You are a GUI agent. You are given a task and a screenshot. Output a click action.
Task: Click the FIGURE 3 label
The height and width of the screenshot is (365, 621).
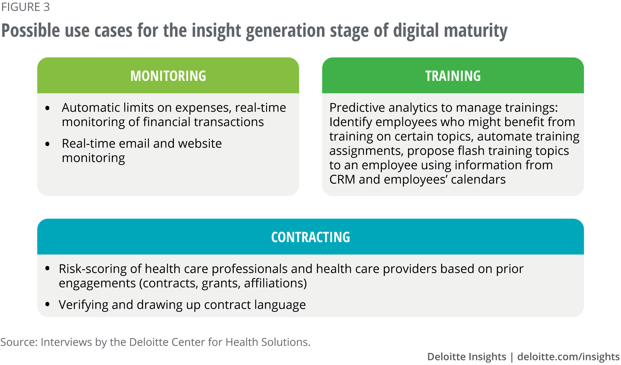(x=25, y=7)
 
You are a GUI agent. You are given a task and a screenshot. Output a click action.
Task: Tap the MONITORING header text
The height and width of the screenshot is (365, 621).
(x=168, y=76)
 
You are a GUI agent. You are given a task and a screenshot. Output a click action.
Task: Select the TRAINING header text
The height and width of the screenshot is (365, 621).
(x=453, y=76)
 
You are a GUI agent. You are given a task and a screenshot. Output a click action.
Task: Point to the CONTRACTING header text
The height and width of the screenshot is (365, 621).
(x=310, y=237)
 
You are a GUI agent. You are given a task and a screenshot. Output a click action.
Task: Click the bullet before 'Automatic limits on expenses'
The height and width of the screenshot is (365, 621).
(x=48, y=108)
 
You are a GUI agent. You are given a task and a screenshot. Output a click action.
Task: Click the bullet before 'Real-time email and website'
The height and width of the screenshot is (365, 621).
(x=48, y=144)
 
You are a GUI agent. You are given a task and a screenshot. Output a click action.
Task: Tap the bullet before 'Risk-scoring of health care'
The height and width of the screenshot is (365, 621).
(x=48, y=268)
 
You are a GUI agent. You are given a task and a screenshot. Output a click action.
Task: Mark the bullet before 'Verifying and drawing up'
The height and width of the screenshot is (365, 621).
(x=48, y=304)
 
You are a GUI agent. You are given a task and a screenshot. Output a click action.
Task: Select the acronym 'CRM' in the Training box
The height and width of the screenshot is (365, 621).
(x=342, y=179)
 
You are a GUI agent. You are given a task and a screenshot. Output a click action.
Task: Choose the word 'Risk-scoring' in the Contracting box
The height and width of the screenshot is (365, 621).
(x=93, y=269)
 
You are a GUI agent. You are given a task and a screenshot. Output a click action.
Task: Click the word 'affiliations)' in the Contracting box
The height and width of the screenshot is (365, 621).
(x=275, y=283)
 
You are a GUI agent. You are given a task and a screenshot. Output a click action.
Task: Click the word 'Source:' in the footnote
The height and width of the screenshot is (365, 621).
(x=19, y=342)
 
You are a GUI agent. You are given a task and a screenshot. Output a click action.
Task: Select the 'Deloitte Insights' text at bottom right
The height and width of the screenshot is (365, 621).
(x=467, y=357)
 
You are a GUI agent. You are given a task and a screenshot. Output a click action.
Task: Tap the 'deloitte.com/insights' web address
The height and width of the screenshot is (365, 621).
(x=569, y=357)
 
